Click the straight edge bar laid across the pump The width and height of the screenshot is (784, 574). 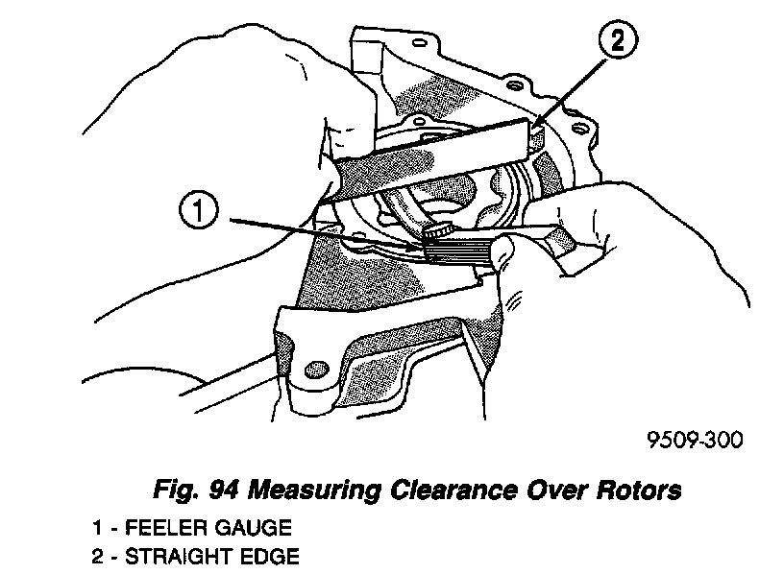point(432,154)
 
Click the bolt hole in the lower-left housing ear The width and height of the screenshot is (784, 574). point(312,369)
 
